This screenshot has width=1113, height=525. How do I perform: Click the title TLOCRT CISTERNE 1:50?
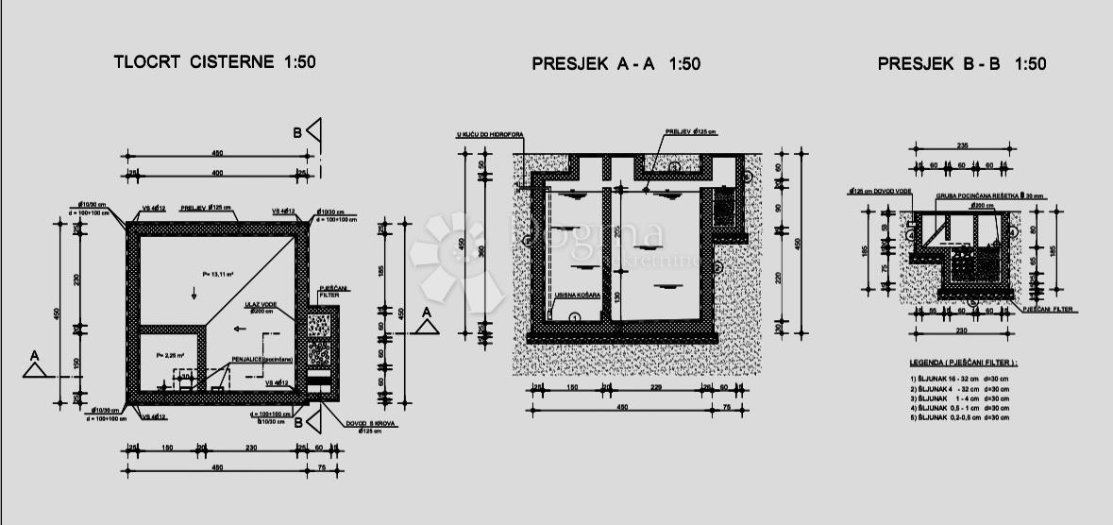point(214,63)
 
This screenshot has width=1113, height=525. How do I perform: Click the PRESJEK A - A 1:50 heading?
point(616,64)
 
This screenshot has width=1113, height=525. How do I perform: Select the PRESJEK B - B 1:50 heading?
point(962,64)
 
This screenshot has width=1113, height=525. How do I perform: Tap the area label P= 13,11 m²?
point(218,274)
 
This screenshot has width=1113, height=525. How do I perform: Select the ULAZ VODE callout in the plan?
point(260,305)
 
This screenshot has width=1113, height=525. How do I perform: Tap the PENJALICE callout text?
point(261,360)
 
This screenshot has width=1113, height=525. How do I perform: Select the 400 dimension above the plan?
point(217,174)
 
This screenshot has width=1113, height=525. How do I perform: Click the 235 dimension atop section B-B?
point(962,146)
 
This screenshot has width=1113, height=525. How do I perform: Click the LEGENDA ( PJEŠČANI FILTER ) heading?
point(963,363)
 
